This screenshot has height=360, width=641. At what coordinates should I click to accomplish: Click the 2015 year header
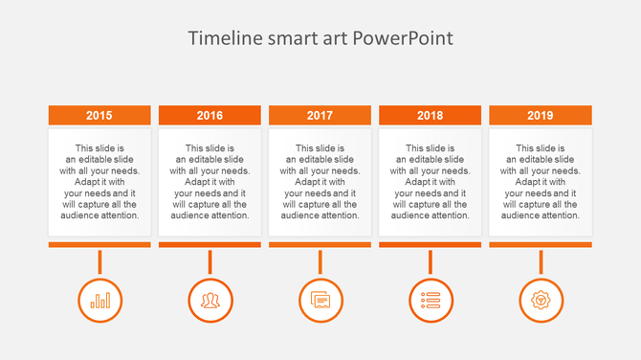(x=99, y=115)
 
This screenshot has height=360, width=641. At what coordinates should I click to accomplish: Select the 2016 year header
(x=210, y=115)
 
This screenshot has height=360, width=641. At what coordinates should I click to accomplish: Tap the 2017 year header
(x=320, y=115)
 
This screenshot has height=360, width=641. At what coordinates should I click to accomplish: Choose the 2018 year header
(x=430, y=115)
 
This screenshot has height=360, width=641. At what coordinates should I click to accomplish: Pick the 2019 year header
(x=541, y=115)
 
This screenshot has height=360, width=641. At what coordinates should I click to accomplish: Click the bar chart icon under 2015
(x=99, y=301)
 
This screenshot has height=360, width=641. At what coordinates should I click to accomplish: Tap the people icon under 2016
(x=210, y=301)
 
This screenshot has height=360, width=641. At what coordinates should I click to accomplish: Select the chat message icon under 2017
(x=320, y=301)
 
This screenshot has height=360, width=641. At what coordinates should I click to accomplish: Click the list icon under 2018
(x=430, y=301)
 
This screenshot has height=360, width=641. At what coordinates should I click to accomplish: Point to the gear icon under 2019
(x=541, y=301)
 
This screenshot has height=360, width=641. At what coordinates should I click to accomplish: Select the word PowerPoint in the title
(x=402, y=39)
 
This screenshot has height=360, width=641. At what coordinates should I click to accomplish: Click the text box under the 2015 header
(x=99, y=182)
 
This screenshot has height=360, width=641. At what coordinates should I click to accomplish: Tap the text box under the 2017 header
(x=320, y=182)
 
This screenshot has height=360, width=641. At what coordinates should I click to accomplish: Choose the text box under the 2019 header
(x=541, y=182)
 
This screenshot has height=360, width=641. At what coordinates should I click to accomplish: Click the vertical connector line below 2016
(x=210, y=261)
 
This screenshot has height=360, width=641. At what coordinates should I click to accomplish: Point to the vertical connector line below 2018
(x=430, y=261)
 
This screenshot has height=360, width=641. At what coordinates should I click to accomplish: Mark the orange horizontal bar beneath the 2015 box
(x=99, y=245)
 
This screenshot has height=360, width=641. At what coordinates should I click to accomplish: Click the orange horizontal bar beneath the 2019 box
(x=541, y=245)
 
